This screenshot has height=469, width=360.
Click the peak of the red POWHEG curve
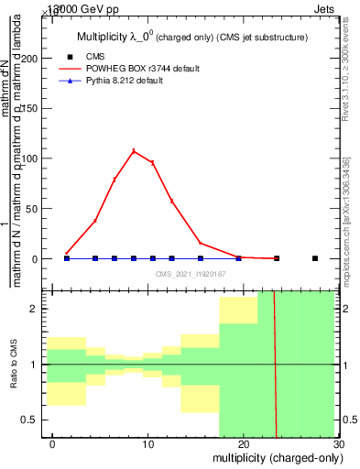(x=134, y=151)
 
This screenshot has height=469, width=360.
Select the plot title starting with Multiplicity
(x=191, y=38)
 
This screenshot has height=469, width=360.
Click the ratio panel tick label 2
(x=39, y=309)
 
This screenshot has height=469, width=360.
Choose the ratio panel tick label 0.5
(x=36, y=420)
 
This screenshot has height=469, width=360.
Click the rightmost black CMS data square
(x=314, y=258)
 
